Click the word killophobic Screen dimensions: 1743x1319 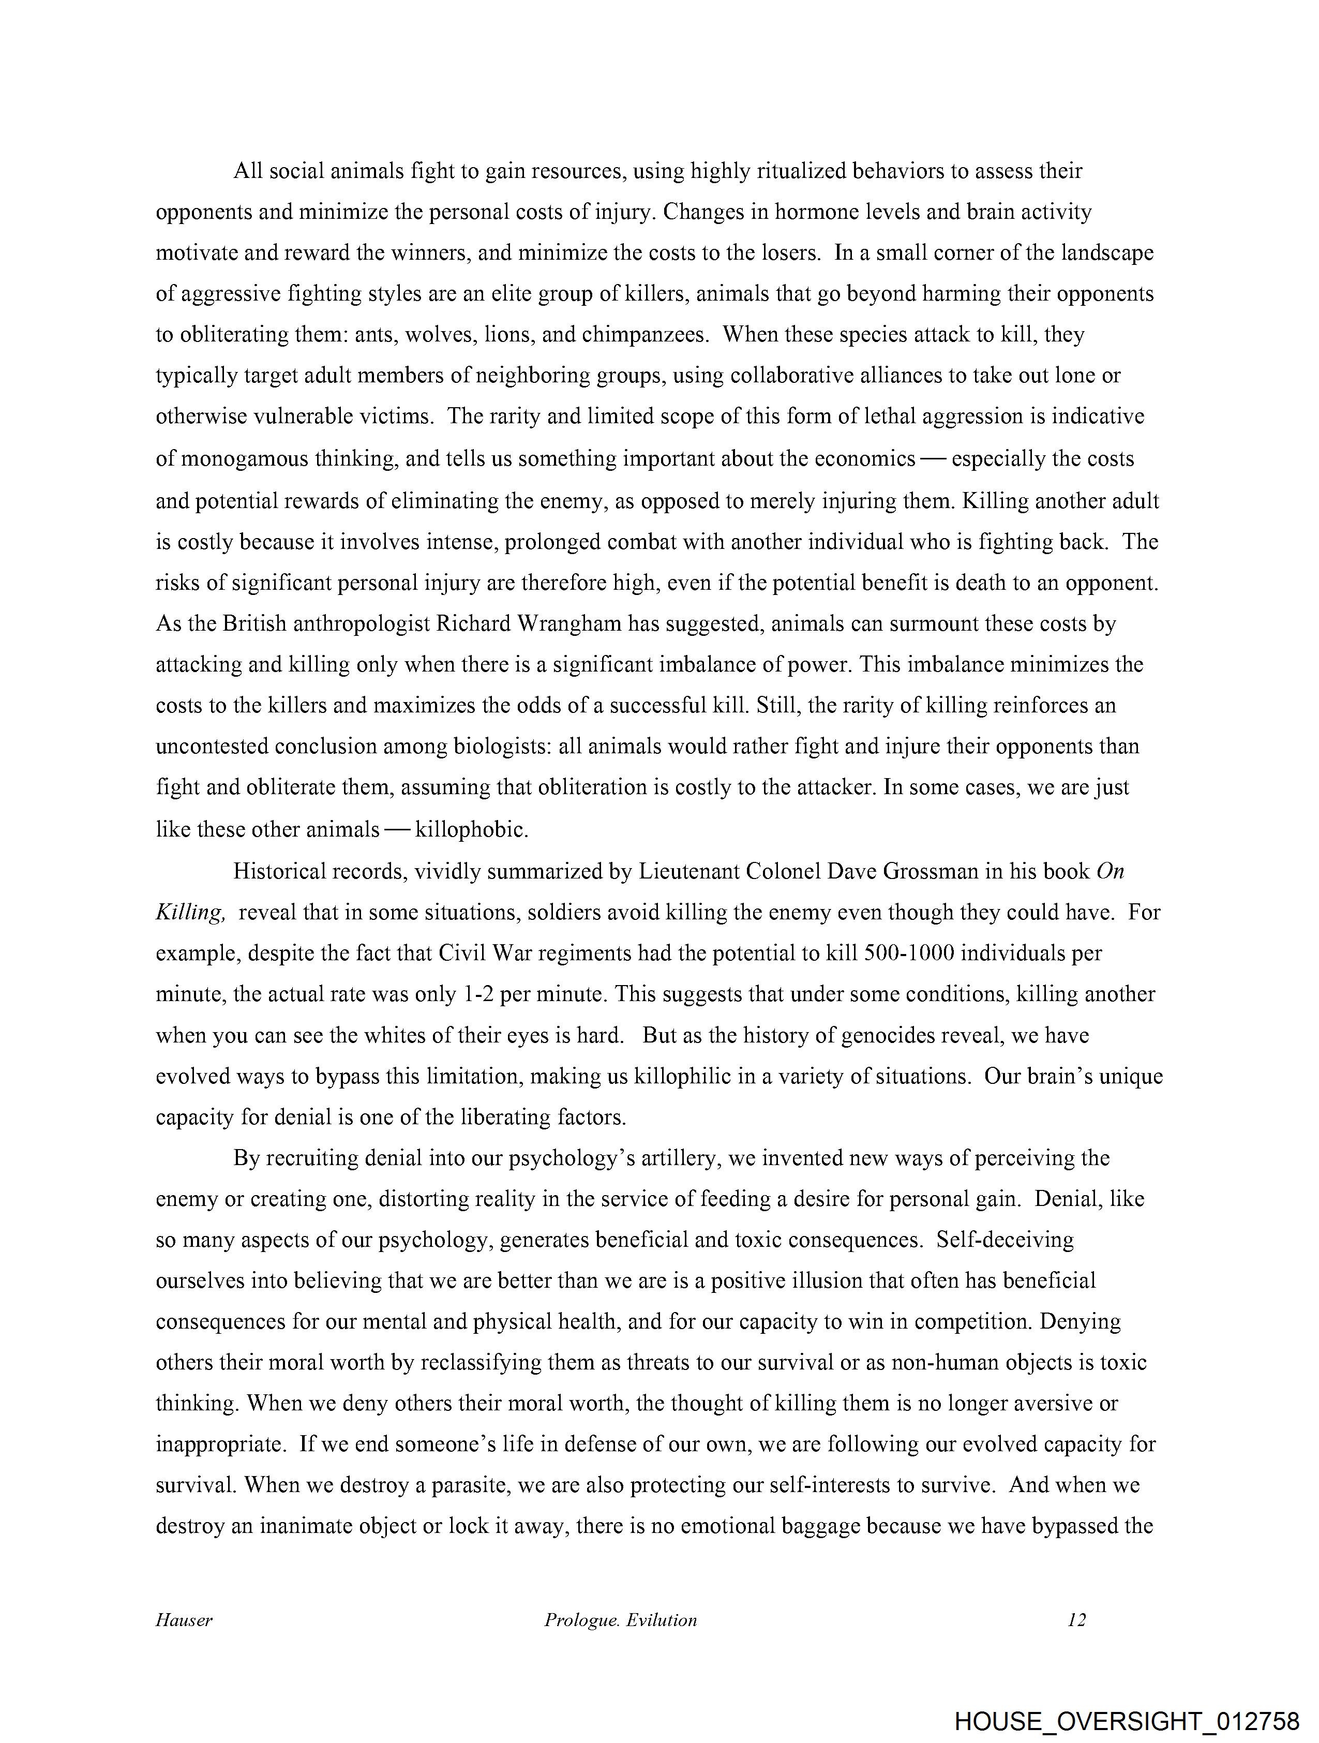[470, 830]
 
